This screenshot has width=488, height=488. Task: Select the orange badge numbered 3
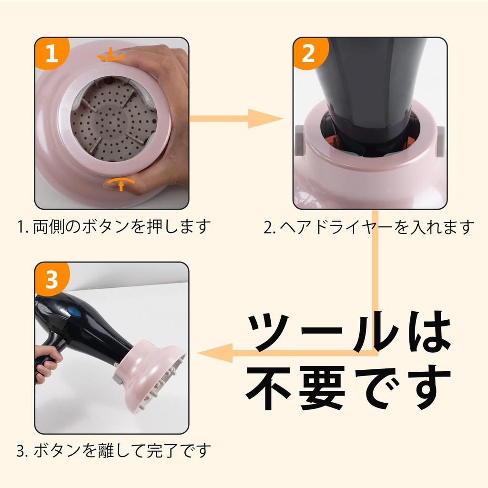click(x=51, y=280)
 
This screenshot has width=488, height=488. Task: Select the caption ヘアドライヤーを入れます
click(x=369, y=226)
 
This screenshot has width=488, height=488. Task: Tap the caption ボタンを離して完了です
click(x=113, y=450)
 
